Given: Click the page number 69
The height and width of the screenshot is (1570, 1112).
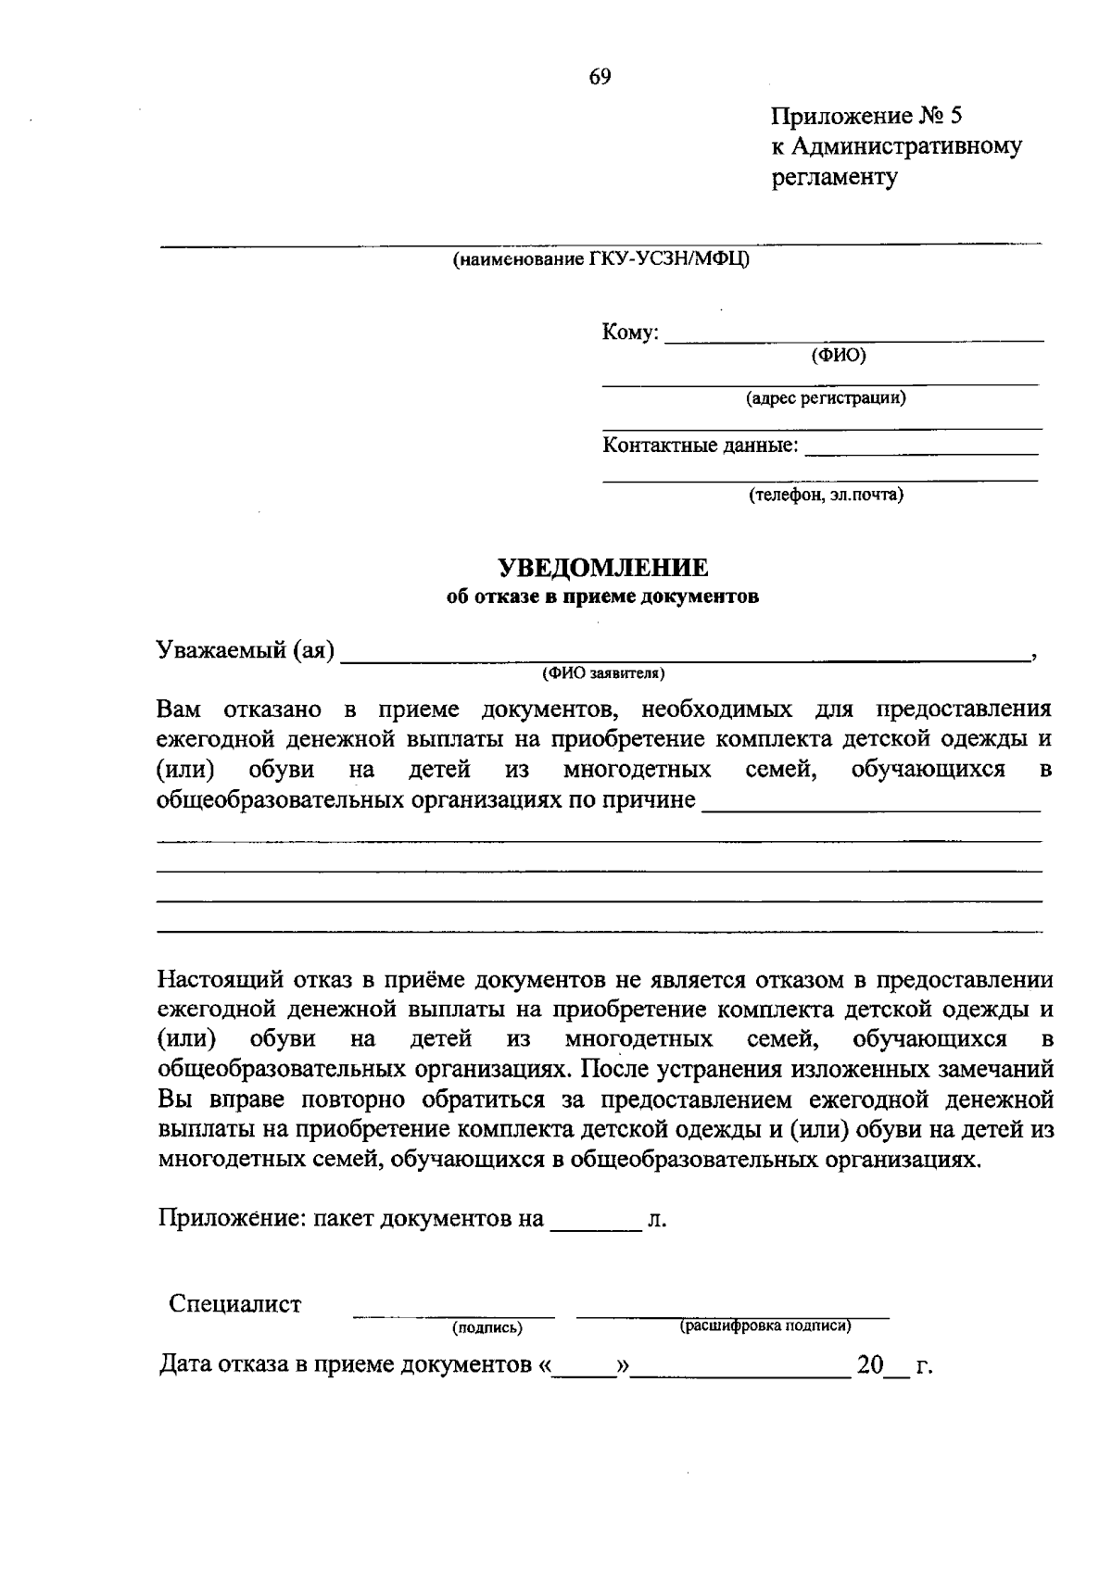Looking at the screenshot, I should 600,77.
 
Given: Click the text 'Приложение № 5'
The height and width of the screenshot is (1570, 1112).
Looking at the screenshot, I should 866,116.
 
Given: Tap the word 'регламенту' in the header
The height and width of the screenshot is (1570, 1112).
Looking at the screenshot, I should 834,178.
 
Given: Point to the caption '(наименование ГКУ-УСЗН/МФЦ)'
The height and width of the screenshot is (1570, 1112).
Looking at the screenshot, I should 600,259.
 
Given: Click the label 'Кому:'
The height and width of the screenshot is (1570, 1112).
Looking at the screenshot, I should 630,333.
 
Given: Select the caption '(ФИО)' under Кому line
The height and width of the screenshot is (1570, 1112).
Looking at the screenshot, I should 838,355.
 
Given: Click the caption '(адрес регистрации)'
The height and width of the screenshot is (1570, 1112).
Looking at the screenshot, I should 827,398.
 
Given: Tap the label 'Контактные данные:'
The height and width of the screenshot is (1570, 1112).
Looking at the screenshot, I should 701,446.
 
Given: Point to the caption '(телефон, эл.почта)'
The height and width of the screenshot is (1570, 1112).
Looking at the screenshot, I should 826,495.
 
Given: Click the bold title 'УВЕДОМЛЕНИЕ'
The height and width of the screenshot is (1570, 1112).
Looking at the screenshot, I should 603,567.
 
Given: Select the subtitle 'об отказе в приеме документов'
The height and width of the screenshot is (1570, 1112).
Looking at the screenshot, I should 602,597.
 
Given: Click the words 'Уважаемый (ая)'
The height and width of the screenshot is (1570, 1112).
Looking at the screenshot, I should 246,650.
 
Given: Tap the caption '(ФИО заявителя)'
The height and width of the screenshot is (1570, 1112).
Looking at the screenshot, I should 603,672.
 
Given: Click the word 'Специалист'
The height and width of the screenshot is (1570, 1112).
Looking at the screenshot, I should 234,1304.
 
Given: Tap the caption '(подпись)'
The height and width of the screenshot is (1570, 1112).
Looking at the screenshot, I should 487,1328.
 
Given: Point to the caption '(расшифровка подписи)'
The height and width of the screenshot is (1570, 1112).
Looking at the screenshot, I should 765,1325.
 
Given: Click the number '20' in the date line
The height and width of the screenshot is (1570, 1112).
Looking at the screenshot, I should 870,1365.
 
